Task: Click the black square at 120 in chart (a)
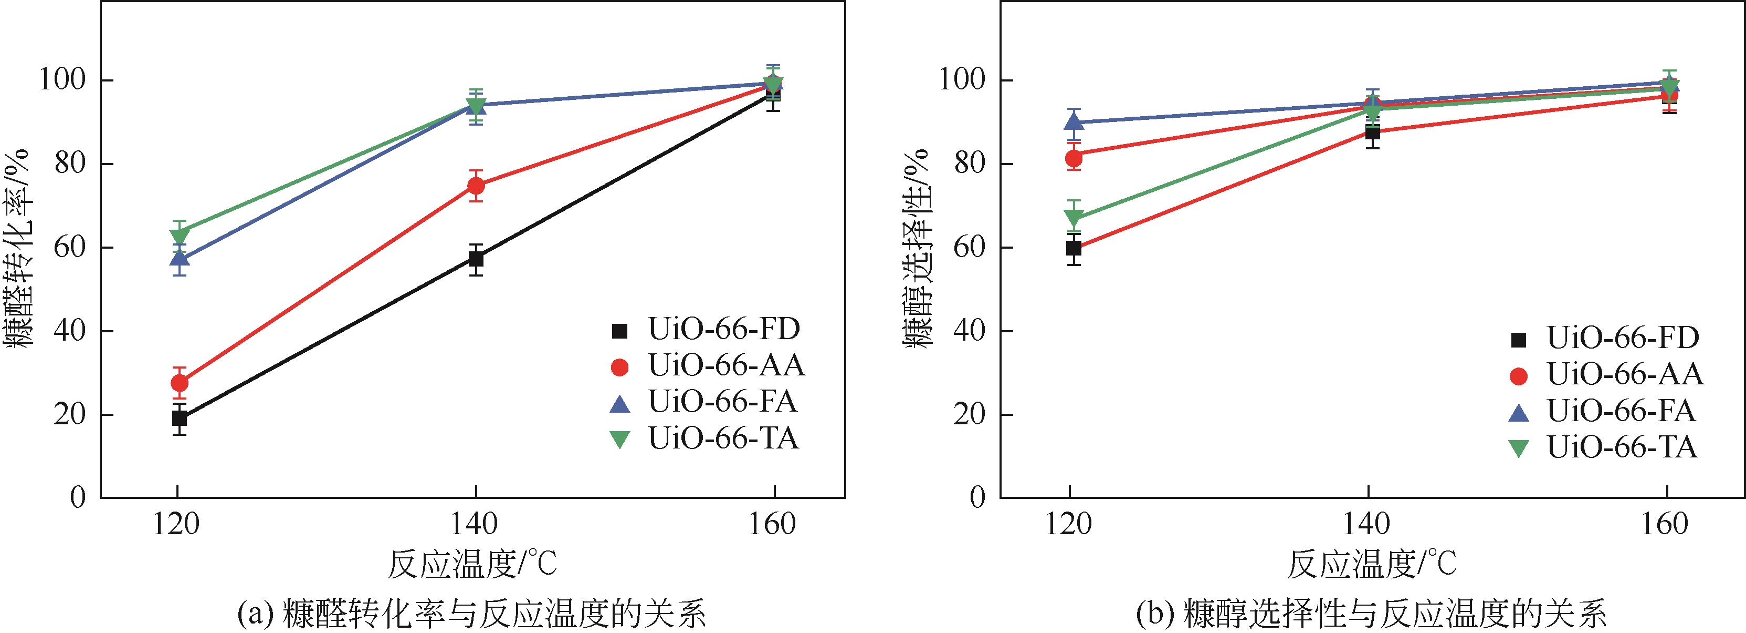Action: (179, 418)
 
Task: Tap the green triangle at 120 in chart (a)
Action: (180, 236)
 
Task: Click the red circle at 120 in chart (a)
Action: (180, 383)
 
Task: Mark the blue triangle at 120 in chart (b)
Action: (1074, 122)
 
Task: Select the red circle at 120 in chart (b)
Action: (1074, 158)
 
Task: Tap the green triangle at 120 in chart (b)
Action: (1074, 218)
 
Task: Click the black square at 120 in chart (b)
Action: (1074, 248)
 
